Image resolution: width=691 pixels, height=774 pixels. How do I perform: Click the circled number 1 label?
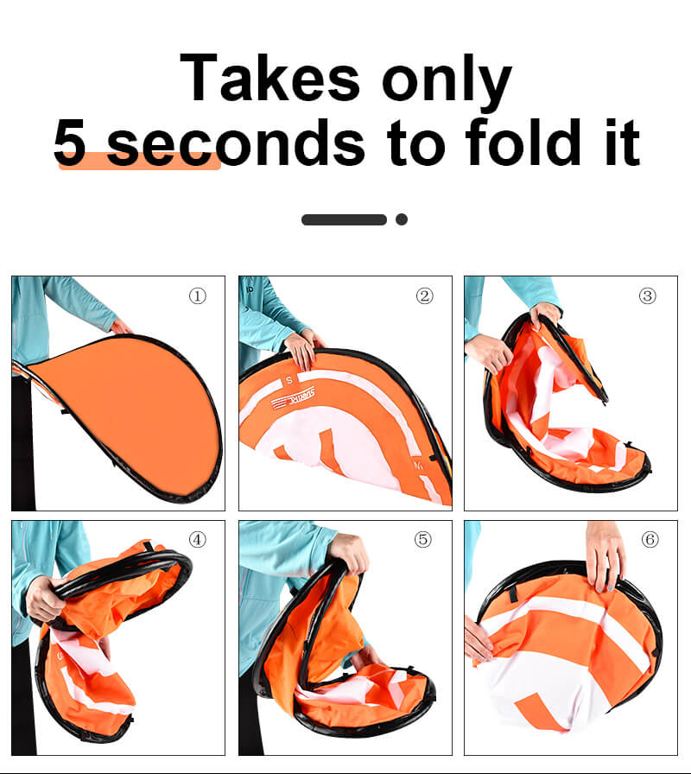tap(198, 296)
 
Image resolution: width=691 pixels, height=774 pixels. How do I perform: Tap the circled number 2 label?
tap(424, 296)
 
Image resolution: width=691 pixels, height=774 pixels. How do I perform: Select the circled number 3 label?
tap(648, 296)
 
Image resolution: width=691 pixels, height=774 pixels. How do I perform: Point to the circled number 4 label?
tap(198, 540)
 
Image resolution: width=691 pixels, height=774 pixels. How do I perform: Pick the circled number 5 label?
tap(423, 540)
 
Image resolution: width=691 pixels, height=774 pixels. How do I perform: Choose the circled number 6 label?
tap(650, 540)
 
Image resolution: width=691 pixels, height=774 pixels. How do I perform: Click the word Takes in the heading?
tap(270, 78)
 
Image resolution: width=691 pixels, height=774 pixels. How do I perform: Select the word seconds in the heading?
tap(236, 143)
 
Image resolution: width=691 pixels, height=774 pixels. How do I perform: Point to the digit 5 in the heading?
tap(70, 143)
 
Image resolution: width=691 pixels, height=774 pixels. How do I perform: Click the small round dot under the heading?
tap(402, 219)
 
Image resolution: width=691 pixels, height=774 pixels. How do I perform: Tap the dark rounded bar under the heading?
tap(344, 219)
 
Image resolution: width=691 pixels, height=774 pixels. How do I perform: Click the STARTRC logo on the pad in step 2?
tap(293, 398)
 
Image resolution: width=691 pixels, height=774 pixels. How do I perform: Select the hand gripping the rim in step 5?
tap(349, 552)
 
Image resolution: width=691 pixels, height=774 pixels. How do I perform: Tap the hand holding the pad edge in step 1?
tap(121, 327)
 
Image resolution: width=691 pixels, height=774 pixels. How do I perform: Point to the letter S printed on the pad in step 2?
tap(289, 380)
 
